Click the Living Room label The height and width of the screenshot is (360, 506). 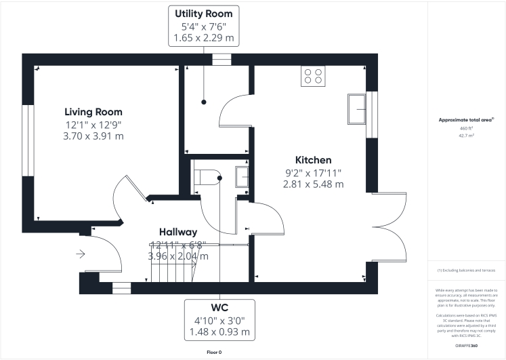pyautogui.click(x=93, y=112)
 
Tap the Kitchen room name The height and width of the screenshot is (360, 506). pyautogui.click(x=313, y=160)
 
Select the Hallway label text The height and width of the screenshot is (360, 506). pyautogui.click(x=178, y=232)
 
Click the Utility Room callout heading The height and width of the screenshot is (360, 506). pyautogui.click(x=203, y=14)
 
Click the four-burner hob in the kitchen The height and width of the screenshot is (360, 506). pyautogui.click(x=313, y=76)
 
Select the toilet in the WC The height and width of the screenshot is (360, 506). pyautogui.click(x=206, y=177)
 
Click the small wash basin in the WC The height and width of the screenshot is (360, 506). pyautogui.click(x=242, y=176)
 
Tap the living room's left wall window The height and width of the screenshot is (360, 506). pyautogui.click(x=28, y=140)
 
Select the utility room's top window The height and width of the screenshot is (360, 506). pyautogui.click(x=222, y=60)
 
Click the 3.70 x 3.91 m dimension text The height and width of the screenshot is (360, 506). pyautogui.click(x=93, y=136)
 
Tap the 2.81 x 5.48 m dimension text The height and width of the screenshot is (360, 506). pyautogui.click(x=313, y=184)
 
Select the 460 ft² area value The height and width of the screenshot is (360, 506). pyautogui.click(x=466, y=128)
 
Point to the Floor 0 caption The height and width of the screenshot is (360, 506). pyautogui.click(x=214, y=352)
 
